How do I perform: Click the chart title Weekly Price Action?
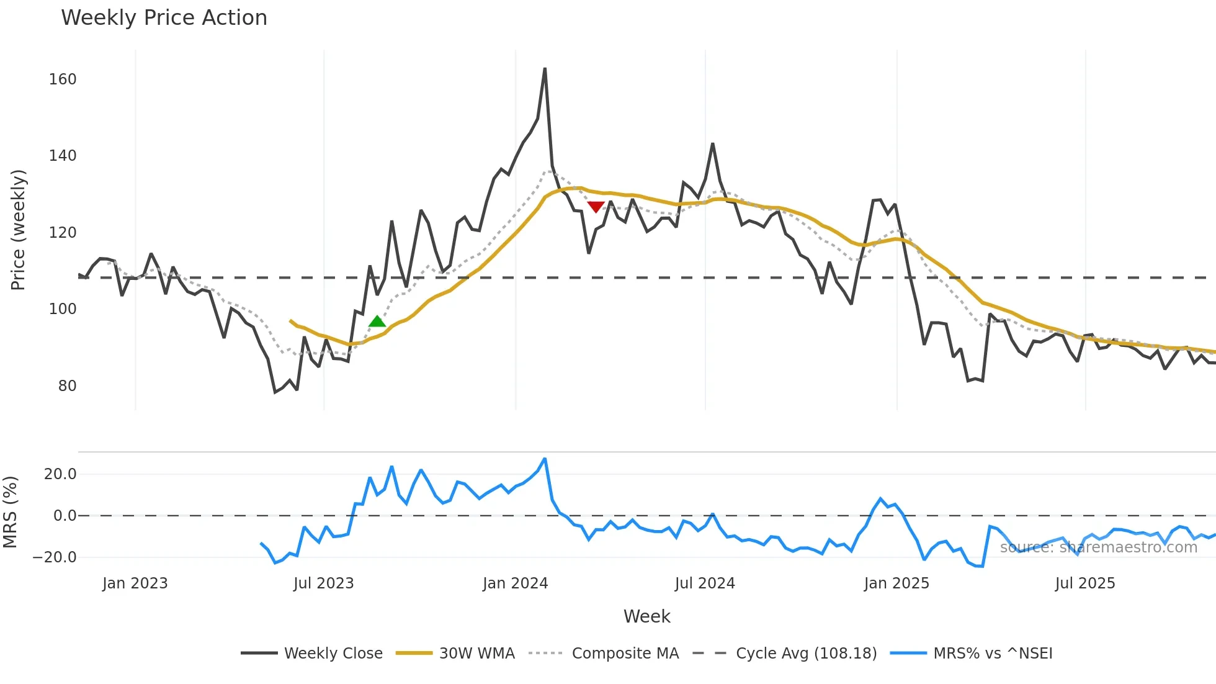[164, 18]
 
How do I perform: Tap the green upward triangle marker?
[377, 322]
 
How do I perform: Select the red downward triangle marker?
[596, 206]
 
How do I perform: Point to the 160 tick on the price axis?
[63, 79]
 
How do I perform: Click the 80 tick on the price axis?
[67, 386]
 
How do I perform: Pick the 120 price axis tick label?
[63, 233]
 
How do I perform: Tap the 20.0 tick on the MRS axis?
[60, 474]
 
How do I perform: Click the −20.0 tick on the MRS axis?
[55, 557]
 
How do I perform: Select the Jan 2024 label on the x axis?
[515, 583]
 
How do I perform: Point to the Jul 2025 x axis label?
[1085, 583]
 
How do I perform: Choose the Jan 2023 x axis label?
[135, 583]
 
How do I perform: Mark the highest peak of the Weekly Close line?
[545, 69]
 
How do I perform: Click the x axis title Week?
[646, 616]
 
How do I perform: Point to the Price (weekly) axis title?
[18, 230]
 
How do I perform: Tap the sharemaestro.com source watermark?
[1098, 547]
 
